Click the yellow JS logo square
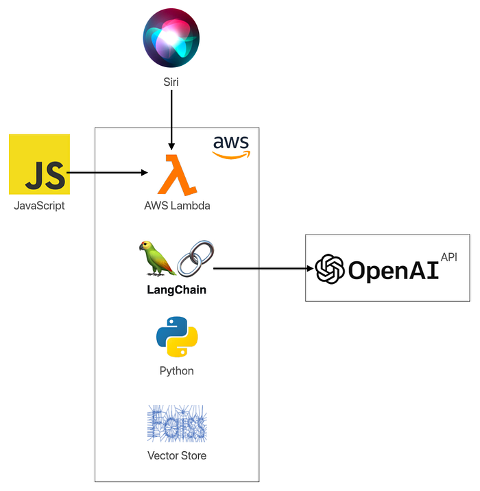(39, 165)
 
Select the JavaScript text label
(39, 205)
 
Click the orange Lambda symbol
(177, 175)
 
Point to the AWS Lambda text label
(177, 206)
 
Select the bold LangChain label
(177, 289)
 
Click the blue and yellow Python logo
(177, 337)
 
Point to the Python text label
(177, 371)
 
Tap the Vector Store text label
(177, 455)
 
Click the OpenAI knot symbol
(329, 269)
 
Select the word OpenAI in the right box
(393, 270)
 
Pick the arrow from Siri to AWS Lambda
(171, 120)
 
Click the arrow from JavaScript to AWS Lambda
(110, 173)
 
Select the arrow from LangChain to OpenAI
(261, 269)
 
